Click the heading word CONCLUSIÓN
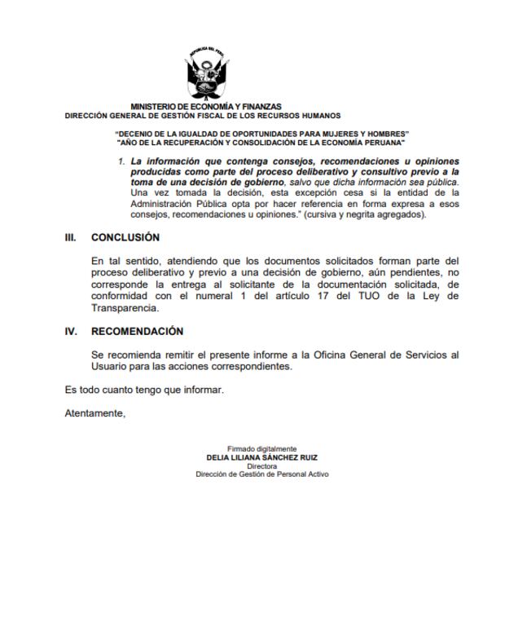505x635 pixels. point(125,237)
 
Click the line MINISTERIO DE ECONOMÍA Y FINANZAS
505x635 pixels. point(206,107)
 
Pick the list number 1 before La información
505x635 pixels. point(121,161)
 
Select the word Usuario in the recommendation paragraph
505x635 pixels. point(110,367)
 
